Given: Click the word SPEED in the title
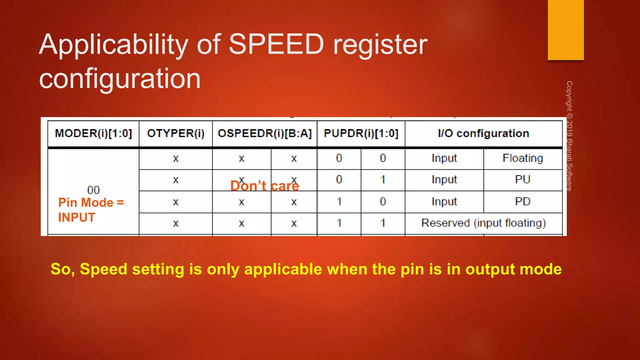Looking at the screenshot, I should pyautogui.click(x=276, y=44).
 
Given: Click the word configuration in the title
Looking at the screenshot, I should pyautogui.click(x=120, y=78).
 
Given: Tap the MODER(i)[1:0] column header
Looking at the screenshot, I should pyautogui.click(x=93, y=133).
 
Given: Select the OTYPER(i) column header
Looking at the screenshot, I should pyautogui.click(x=176, y=133).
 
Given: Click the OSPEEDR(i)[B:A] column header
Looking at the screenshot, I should pyautogui.click(x=265, y=133).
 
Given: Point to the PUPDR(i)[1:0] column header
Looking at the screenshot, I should pyautogui.click(x=361, y=133).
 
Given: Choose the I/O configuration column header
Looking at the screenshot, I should pyautogui.click(x=483, y=133).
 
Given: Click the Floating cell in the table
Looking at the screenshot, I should pyautogui.click(x=523, y=158).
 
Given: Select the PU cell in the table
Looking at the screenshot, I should pyautogui.click(x=523, y=180).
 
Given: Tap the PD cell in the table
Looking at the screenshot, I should pyautogui.click(x=523, y=202).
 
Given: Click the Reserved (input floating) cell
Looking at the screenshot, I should pyautogui.click(x=483, y=223).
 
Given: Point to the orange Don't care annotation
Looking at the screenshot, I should pyautogui.click(x=265, y=186).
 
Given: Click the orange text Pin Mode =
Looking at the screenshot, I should pyautogui.click(x=91, y=202).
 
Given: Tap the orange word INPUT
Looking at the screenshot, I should pyautogui.click(x=77, y=217).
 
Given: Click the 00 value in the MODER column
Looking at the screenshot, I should pyautogui.click(x=93, y=190).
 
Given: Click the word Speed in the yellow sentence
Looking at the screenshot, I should pyautogui.click(x=103, y=269).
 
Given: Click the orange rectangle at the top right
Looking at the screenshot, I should pyautogui.click(x=566, y=30).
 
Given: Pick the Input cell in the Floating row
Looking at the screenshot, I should pyautogui.click(x=444, y=158).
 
